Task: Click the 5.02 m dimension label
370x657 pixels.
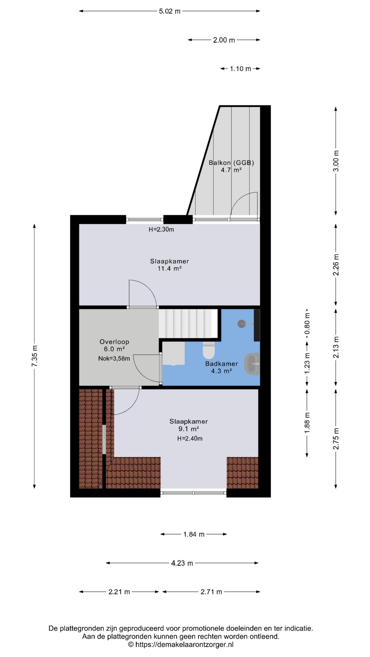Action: [170, 11]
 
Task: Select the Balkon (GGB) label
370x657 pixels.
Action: [231, 163]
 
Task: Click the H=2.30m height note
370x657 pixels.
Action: [161, 230]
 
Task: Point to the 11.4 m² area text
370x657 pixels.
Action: [169, 269]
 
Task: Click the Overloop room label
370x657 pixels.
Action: [114, 342]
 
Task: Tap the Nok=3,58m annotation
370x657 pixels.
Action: [114, 359]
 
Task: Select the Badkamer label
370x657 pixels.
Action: [221, 364]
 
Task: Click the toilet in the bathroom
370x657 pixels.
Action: [208, 350]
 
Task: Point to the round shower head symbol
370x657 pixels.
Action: [242, 323]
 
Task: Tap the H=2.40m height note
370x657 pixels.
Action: [189, 439]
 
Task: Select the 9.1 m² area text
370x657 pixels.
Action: [188, 429]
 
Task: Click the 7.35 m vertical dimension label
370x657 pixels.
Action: [35, 356]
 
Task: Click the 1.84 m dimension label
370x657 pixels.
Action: [194, 534]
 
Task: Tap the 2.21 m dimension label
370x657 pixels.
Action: [119, 592]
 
